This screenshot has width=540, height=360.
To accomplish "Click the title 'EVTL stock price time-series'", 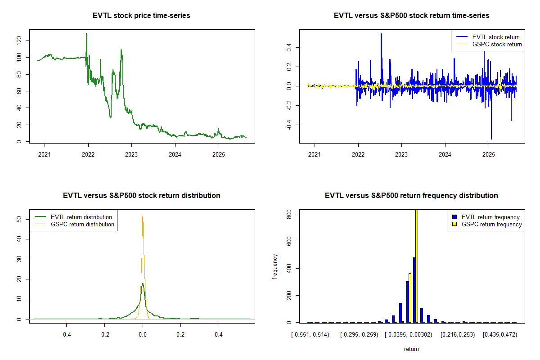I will (x=141, y=16).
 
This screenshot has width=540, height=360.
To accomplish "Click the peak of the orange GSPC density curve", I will (x=143, y=216).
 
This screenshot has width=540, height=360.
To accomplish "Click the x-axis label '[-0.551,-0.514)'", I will (x=310, y=335).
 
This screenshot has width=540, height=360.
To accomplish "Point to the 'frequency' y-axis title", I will (x=275, y=266).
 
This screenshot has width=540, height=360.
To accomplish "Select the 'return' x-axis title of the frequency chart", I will (x=411, y=349).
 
